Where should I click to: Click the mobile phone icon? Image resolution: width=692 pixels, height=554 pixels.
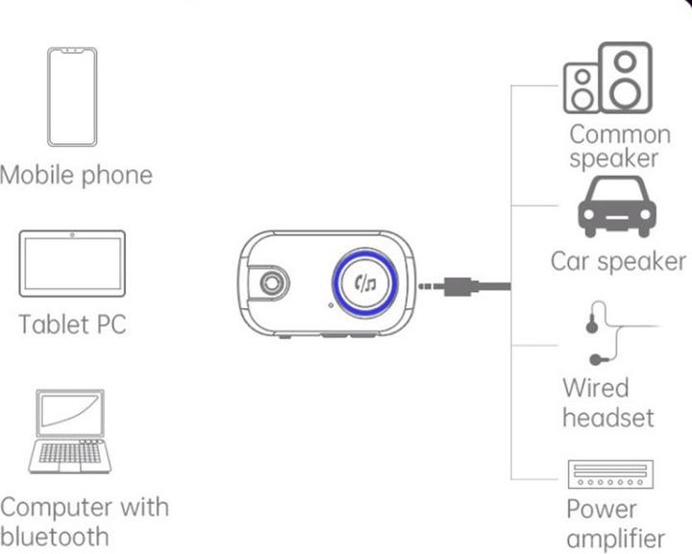tap(72, 97)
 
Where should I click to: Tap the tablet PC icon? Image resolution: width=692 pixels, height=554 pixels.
tap(72, 263)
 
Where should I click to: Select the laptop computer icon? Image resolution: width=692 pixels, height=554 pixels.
tap(69, 431)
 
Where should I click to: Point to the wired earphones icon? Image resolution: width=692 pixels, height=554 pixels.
tap(604, 335)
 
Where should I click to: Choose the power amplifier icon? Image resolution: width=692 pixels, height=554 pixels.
tap(611, 475)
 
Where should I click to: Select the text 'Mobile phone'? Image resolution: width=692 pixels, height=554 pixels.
tap(76, 176)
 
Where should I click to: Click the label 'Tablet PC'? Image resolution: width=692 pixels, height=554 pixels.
tap(72, 324)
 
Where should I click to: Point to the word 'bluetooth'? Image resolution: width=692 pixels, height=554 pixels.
tap(55, 535)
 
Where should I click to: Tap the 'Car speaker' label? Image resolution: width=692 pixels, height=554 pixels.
tap(618, 261)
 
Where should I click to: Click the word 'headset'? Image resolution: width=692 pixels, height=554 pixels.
tap(607, 418)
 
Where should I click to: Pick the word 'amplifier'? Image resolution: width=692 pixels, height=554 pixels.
tap(615, 539)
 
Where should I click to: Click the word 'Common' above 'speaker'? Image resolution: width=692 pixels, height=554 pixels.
tap(619, 133)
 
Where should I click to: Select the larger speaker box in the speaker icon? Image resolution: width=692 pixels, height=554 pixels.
tap(626, 77)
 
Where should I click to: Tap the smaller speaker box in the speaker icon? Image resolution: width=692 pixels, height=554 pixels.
tap(582, 88)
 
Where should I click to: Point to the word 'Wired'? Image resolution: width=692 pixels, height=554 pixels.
tap(595, 389)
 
